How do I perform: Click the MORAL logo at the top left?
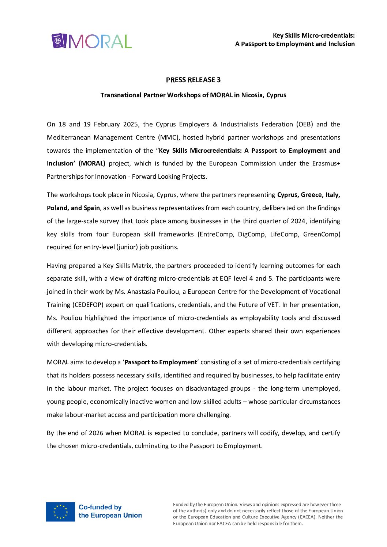91,41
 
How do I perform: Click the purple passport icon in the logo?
59,41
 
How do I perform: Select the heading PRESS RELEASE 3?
193,80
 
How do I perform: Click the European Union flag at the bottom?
60,512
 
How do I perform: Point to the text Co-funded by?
100,507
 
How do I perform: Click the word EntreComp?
215,234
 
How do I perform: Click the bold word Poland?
57,208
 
